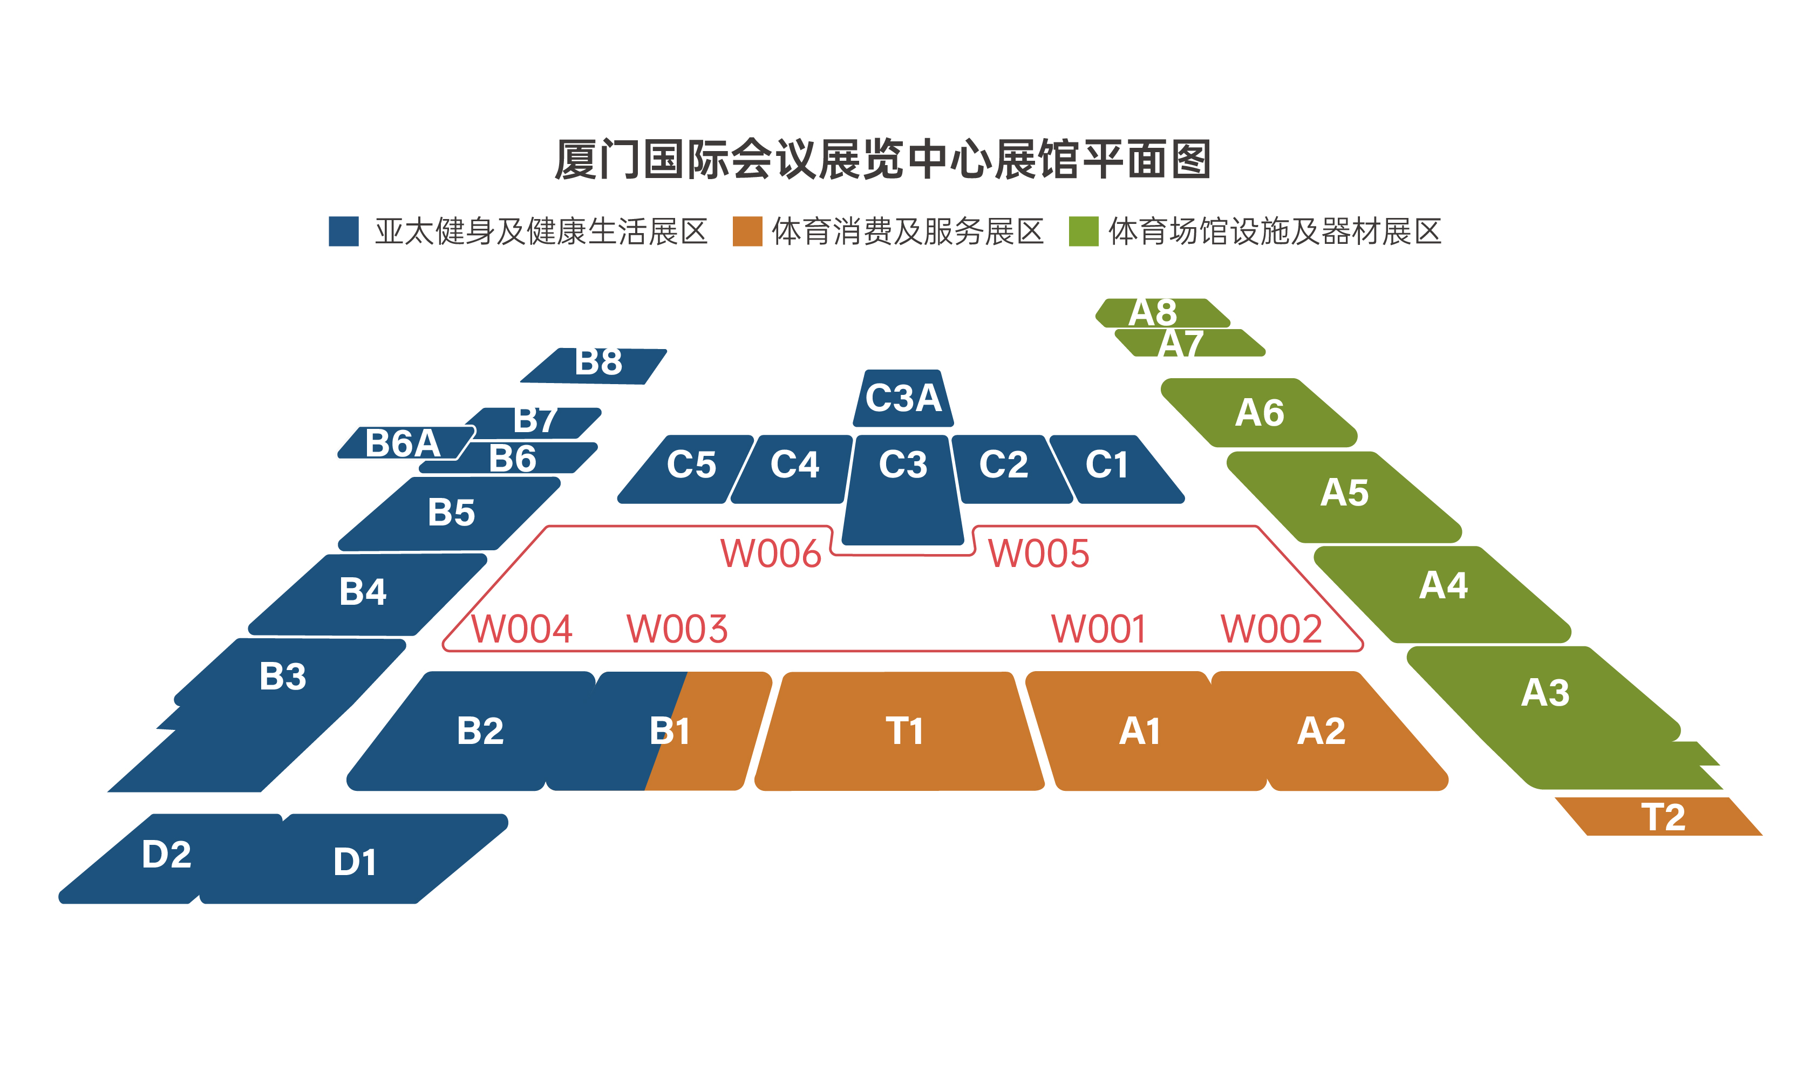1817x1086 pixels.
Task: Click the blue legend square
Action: (343, 231)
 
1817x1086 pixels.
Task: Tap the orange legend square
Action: (747, 231)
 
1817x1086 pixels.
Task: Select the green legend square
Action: (1083, 231)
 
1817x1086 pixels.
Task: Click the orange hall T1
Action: (904, 731)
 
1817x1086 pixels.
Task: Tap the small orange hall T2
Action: (1661, 817)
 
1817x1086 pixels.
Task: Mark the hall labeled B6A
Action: (403, 443)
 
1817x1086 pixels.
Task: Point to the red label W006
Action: (771, 553)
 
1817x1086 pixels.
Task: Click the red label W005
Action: (1038, 553)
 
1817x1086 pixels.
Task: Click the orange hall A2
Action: (1321, 731)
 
